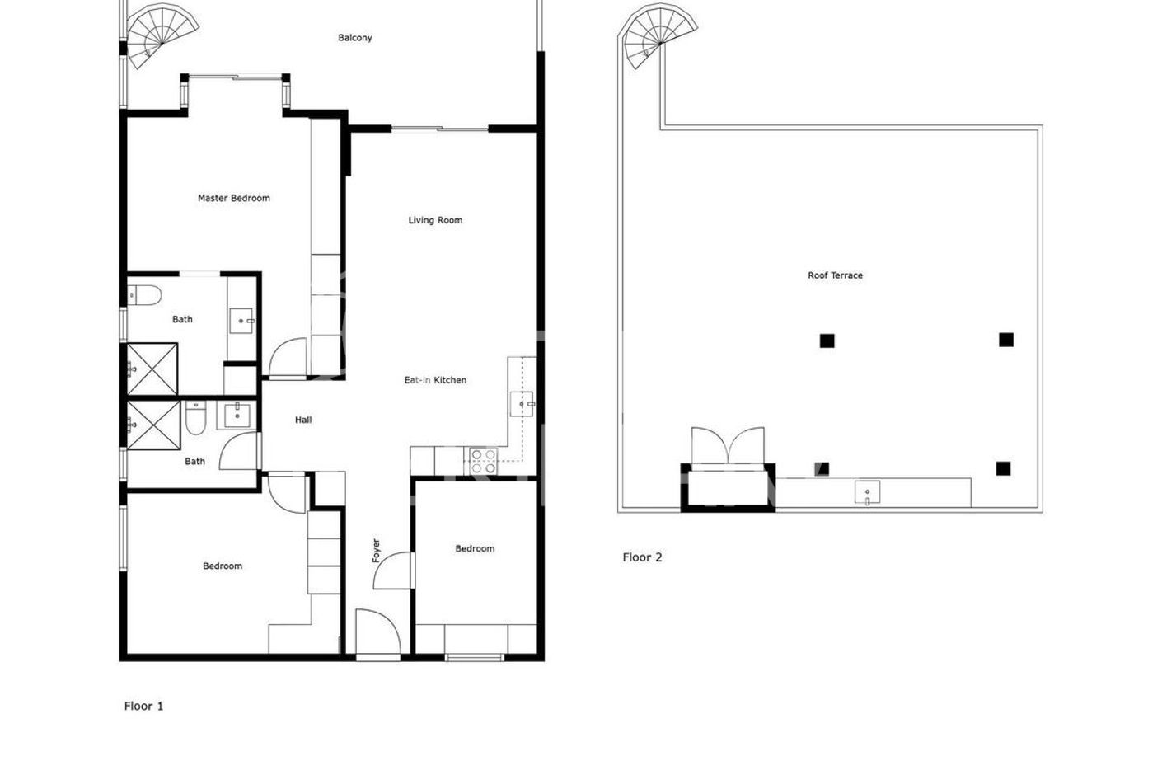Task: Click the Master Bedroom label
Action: [x=233, y=198]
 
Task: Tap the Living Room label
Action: [x=435, y=220]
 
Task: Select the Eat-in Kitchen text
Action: [x=435, y=380]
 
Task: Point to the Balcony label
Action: [x=355, y=38]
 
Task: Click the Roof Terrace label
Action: [x=835, y=275]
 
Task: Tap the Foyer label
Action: [x=377, y=551]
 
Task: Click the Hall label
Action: [x=303, y=420]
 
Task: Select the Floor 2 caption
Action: [x=642, y=557]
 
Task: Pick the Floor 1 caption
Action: [x=143, y=706]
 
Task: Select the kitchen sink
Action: [x=522, y=404]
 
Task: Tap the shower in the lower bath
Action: [x=153, y=425]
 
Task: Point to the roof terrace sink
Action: [x=867, y=493]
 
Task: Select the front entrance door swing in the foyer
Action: [x=377, y=632]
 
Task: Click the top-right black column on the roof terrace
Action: [x=1005, y=340]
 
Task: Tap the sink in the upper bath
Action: [x=241, y=320]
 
